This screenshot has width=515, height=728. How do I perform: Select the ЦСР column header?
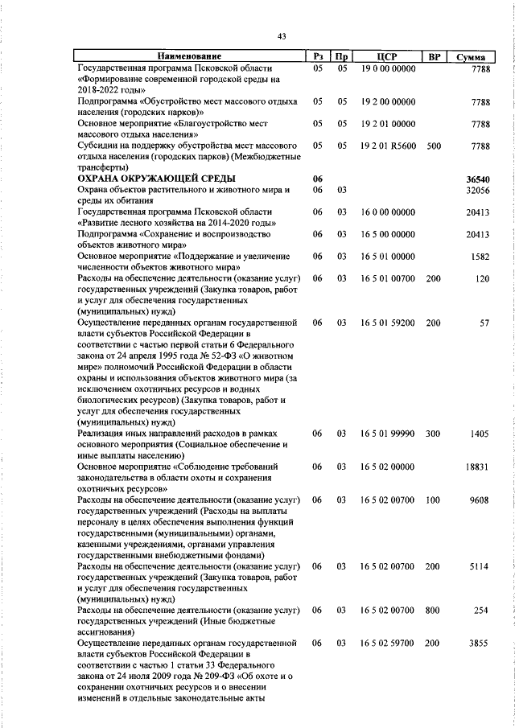coord(388,57)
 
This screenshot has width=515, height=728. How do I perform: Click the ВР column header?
coord(435,57)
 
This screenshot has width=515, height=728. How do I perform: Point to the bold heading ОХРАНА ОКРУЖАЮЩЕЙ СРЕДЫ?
coord(156,178)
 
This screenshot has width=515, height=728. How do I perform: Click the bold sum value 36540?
coord(477,178)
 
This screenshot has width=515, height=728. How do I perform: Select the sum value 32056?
coord(477,190)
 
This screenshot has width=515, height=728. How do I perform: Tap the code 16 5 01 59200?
coord(388,322)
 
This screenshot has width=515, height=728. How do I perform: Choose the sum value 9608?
coord(480,500)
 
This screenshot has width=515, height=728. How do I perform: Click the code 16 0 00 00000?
coord(388,212)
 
